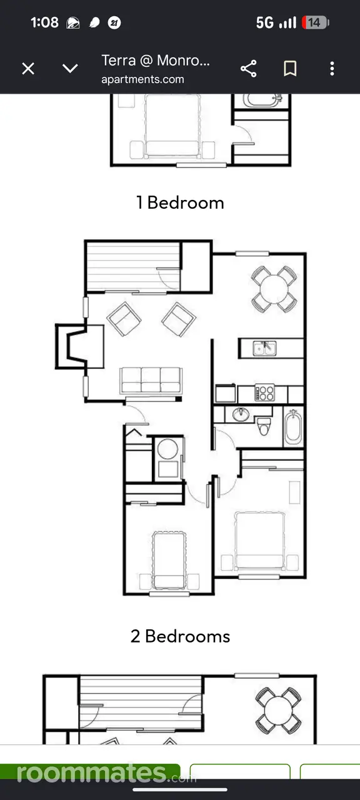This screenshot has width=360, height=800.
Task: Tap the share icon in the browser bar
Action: tap(249, 69)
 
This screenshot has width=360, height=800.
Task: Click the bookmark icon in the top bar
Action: tap(290, 69)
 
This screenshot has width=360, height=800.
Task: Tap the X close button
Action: tap(28, 68)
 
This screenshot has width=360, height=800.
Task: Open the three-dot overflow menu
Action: tap(332, 69)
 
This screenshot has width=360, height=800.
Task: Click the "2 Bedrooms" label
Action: tap(181, 636)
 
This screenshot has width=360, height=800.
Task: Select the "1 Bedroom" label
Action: tap(181, 202)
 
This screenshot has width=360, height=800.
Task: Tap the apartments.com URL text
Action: tap(142, 79)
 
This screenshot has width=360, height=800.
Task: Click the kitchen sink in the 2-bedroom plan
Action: tap(264, 349)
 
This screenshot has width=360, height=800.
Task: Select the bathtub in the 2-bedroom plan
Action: tap(294, 427)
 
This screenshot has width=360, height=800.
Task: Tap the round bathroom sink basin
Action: tap(241, 414)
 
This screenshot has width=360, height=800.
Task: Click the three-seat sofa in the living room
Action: tap(151, 381)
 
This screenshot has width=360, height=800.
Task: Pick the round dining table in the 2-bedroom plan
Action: tap(274, 289)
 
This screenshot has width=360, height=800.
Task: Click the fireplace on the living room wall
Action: tap(79, 346)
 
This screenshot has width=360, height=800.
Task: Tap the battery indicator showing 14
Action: tap(316, 22)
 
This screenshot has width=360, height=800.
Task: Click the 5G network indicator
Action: tap(264, 22)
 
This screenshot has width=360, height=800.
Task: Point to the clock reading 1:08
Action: tap(44, 22)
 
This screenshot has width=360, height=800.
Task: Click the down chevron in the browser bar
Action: tap(70, 68)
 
